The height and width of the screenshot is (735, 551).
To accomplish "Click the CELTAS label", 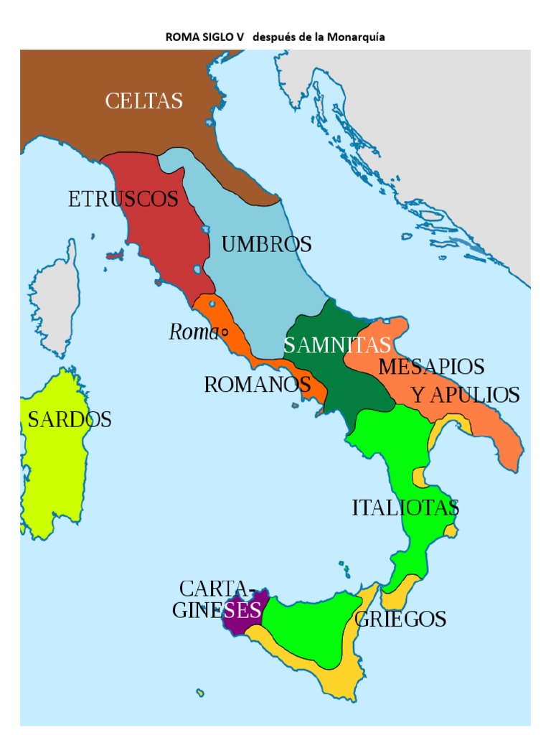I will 144,101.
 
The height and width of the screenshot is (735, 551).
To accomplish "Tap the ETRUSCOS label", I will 123,199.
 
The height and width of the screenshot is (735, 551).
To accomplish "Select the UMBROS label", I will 266,244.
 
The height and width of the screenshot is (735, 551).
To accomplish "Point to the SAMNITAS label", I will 336,345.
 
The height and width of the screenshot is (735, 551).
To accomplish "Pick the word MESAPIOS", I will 431,367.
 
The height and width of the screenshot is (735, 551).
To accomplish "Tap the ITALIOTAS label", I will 405,508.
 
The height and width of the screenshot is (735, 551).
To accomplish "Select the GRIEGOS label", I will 400,619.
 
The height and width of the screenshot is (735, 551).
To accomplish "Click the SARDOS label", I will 70,420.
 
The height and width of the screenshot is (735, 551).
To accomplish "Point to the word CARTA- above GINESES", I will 217,589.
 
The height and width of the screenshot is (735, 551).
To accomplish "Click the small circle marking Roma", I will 225,332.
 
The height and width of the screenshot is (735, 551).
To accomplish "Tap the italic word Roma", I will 193,332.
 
